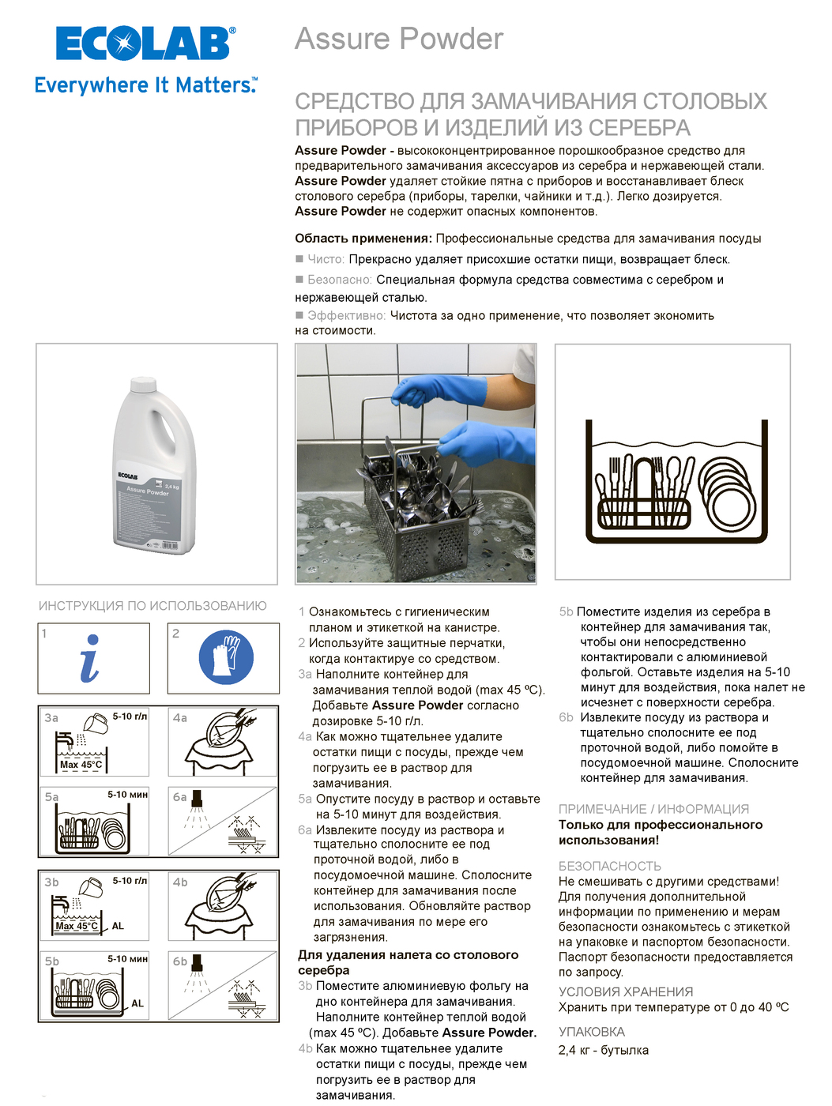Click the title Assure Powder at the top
pos(399,39)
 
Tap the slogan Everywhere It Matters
pos(145,85)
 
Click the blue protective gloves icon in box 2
pos(226,657)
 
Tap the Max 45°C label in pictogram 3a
pos(81,765)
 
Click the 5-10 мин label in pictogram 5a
pos(127,795)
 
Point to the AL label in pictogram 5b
pos(137,1003)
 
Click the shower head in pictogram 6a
pos(197,798)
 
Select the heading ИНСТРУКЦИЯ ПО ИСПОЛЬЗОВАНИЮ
pos(152,606)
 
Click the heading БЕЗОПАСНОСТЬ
pos(609,866)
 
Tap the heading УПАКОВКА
pos(591,1032)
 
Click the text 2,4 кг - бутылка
pos(603,1050)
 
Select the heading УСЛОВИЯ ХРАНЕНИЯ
pos(625,991)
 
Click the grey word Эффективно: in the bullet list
pos(346,315)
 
